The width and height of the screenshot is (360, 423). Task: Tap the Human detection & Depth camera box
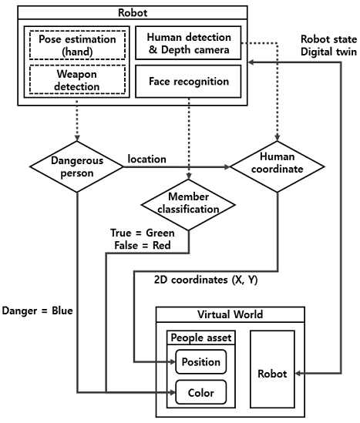tap(188, 43)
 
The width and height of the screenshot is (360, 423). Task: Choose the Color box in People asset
tap(200, 391)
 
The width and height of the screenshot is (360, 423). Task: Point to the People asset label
tap(200, 337)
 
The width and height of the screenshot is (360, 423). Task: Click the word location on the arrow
tap(146, 159)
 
